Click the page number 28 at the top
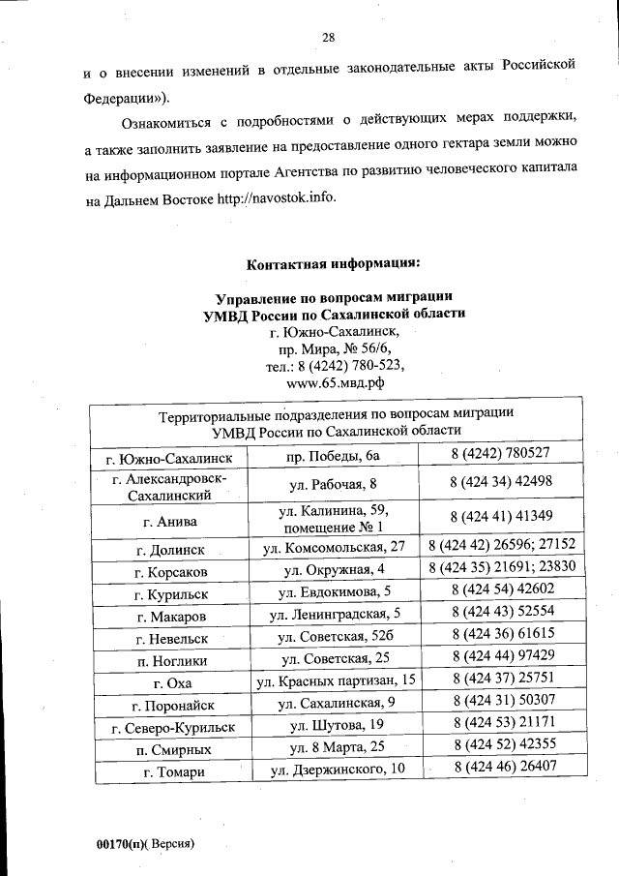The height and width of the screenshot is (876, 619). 328,38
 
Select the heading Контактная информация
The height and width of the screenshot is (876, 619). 333,264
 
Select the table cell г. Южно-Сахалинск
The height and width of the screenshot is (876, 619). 168,455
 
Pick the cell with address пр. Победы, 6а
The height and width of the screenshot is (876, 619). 333,455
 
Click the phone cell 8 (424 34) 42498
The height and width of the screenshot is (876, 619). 501,481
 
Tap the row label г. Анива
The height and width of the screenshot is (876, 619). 168,519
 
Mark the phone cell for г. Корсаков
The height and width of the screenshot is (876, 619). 501,568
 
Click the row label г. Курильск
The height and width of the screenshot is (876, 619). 168,591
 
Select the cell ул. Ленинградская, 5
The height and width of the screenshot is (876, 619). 333,613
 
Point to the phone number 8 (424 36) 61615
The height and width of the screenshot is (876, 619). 501,636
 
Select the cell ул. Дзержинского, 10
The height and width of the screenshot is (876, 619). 333,770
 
